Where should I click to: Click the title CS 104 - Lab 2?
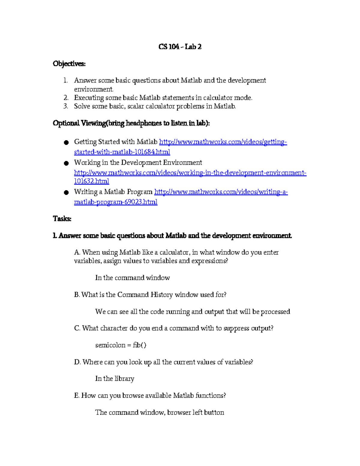point(180,47)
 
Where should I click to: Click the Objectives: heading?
point(69,64)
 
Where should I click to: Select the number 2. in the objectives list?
point(66,98)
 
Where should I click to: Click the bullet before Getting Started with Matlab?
point(66,143)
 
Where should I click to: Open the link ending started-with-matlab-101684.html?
point(122,152)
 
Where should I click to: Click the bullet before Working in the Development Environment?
point(66,163)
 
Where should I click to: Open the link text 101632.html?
point(91,181)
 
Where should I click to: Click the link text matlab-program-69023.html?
point(115,202)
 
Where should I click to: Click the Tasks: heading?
point(62,219)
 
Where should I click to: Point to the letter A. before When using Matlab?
point(77,252)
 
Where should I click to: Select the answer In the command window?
point(132,278)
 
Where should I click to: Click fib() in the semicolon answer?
point(139,345)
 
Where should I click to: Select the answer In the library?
point(115,379)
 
